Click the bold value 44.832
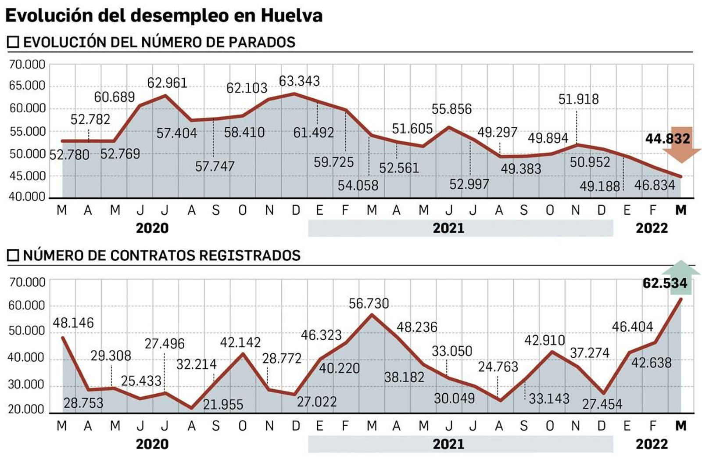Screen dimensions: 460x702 667,139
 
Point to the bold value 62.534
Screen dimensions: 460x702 665,283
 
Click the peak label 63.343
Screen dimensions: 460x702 299,81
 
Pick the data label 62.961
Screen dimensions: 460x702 167,83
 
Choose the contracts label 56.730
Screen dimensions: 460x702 369,303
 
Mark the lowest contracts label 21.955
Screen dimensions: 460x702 223,404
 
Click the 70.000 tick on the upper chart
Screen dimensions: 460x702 27,65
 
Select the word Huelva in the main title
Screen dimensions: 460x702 292,15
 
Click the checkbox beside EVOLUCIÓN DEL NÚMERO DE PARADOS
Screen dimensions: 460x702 13,42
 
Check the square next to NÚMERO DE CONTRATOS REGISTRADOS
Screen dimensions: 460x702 13,255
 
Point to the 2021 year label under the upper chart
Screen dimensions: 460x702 448,228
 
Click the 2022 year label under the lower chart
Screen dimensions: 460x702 652,444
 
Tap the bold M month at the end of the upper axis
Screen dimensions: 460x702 681,210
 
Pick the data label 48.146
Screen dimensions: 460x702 73,323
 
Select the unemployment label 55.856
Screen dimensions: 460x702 451,109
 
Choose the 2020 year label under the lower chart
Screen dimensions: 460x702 152,444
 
